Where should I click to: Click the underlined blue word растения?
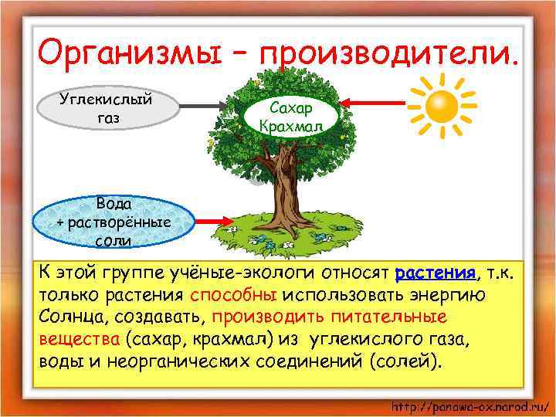[x=436, y=273]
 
